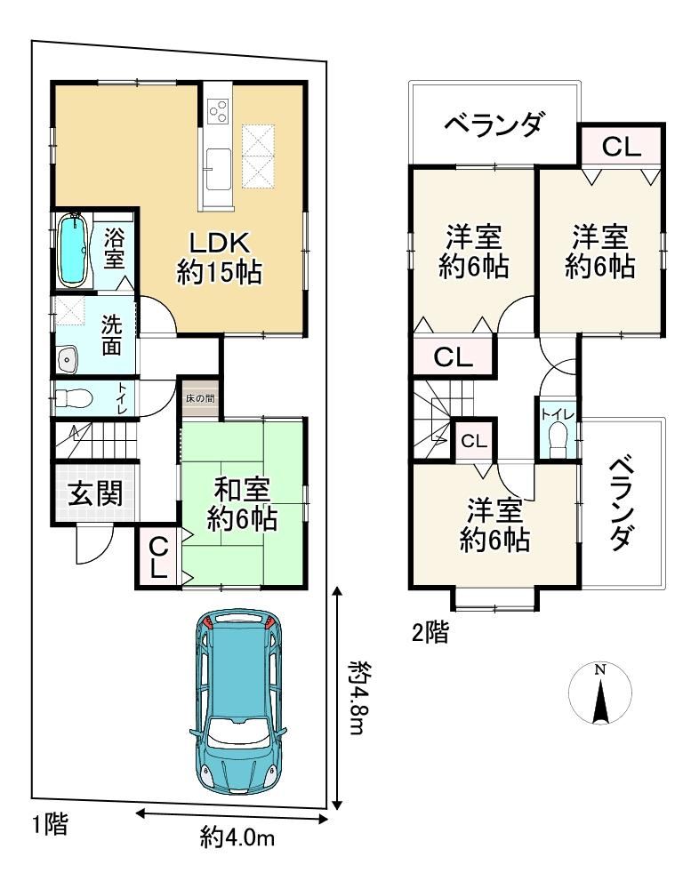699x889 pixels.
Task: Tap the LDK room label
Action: click(x=219, y=243)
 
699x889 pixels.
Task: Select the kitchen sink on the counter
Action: click(x=219, y=169)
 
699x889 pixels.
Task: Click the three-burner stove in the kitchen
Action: click(x=219, y=110)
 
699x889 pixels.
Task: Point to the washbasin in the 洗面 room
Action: click(x=68, y=359)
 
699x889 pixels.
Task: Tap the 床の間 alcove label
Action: click(x=200, y=398)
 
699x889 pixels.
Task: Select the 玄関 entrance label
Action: click(x=95, y=493)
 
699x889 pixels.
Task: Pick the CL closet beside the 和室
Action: click(x=159, y=557)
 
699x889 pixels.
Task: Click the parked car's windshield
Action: click(x=237, y=731)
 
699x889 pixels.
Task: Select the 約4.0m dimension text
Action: click(x=237, y=837)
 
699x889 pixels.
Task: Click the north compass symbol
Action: click(x=599, y=693)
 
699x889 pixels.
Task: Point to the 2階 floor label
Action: click(x=430, y=633)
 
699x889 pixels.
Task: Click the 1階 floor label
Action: click(x=50, y=824)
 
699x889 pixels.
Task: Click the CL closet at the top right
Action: click(x=622, y=147)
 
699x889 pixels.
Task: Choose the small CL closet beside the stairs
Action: click(x=474, y=441)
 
